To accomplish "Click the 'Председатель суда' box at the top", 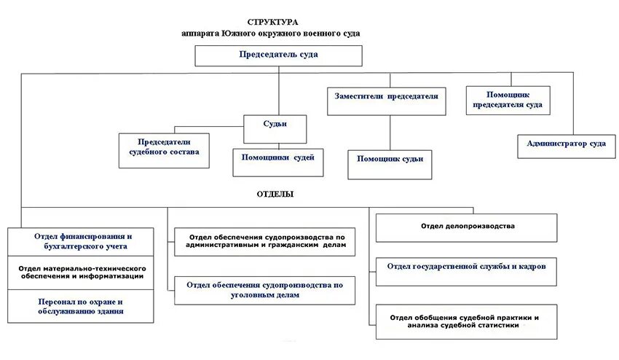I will coord(278,55).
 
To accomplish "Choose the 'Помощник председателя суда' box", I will coord(507,100).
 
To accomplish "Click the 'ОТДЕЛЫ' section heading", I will coord(275,195).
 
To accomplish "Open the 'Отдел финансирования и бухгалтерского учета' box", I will coord(82,241).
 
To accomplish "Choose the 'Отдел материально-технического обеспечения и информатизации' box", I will coord(82,272).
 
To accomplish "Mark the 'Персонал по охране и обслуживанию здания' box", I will coord(82,306).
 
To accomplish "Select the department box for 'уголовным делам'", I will coord(265,290).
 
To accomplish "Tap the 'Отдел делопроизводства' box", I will coord(467,227).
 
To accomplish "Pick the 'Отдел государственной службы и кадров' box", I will coord(467,267).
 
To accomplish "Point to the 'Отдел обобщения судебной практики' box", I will coord(467,321).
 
